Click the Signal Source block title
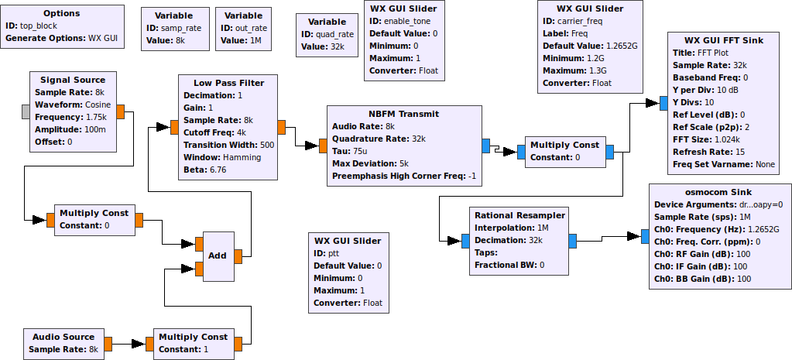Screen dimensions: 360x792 click(x=73, y=80)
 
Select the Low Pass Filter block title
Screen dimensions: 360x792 click(x=228, y=83)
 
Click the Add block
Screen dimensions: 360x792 click(x=217, y=255)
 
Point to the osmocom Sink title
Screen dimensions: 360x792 click(x=720, y=192)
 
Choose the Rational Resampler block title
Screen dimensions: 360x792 click(x=519, y=215)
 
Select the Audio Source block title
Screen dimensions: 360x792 click(x=63, y=337)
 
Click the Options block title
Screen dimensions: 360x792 click(x=62, y=14)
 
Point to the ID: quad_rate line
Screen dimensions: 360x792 click(x=326, y=34)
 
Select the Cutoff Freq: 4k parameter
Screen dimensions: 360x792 click(x=214, y=132)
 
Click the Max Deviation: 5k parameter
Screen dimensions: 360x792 click(x=370, y=163)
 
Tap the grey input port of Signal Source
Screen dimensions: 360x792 click(x=26, y=111)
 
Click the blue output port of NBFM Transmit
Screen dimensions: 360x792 click(x=485, y=146)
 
